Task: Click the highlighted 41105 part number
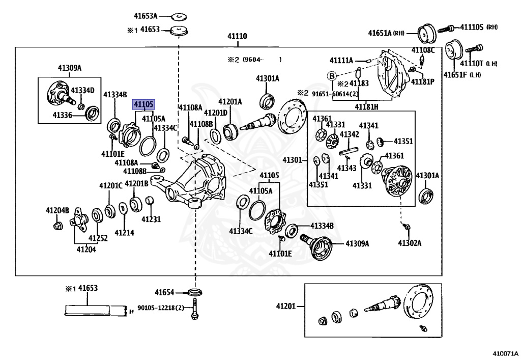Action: coord(143,105)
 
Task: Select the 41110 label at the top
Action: coord(237,36)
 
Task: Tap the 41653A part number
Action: coord(146,16)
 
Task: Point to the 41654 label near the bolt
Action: coord(164,292)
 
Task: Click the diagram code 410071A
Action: coord(505,353)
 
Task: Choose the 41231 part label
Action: coord(151,219)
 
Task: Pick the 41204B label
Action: coord(57,210)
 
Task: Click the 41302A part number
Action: coord(410,243)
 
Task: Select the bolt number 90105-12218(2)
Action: coord(161,308)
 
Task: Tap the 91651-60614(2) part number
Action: coord(335,94)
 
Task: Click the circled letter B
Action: coord(332,76)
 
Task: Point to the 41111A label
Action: coord(341,60)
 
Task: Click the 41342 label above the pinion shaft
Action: coord(350,134)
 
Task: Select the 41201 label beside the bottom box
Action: coord(286,306)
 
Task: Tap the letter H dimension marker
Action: coord(132,312)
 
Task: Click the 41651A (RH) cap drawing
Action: coord(427,34)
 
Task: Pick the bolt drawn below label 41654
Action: coord(195,309)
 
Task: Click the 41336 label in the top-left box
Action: coord(63,115)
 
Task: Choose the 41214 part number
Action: coord(124,233)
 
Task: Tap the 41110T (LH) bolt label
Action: coord(479,63)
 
